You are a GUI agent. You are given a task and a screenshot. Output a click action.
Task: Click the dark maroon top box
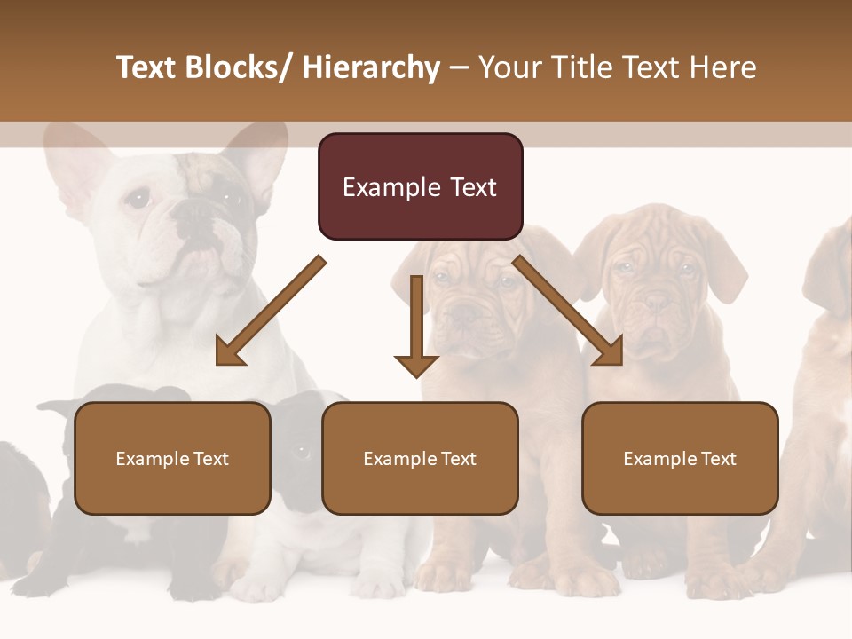[x=420, y=186]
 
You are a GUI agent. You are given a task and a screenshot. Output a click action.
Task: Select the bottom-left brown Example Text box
[x=172, y=458]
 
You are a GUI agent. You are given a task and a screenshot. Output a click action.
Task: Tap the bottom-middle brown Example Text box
[x=420, y=458]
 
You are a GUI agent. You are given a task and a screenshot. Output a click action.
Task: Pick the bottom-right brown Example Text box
[x=680, y=458]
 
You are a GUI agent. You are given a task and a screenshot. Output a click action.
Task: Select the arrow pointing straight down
[x=416, y=325]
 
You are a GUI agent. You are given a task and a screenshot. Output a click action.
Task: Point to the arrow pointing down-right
[x=569, y=311]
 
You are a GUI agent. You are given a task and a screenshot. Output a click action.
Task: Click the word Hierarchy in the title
[x=371, y=67]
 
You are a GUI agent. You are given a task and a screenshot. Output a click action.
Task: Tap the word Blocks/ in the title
[x=237, y=67]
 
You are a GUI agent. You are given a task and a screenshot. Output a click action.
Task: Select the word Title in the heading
[x=581, y=67]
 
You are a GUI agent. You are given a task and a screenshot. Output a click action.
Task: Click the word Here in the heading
[x=724, y=67]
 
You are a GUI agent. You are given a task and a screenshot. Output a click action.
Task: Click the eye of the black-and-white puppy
[x=301, y=451]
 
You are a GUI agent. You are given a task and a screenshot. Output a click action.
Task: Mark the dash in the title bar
[x=459, y=67]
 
